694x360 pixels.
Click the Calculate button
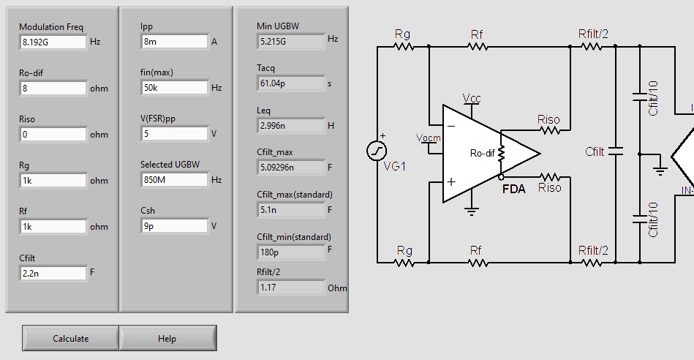pos(71,338)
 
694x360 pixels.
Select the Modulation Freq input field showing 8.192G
pos(53,42)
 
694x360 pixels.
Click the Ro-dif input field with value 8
pos(53,89)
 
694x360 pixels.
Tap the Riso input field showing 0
pos(53,135)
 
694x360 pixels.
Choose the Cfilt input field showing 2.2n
pos(53,273)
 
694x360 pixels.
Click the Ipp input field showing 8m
pos(174,42)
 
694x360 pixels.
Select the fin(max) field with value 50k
pos(174,88)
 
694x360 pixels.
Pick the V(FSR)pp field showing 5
pos(174,134)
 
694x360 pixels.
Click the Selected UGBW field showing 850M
pos(174,180)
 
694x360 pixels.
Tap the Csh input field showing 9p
pos(174,226)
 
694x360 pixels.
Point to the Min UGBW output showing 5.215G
pos(290,42)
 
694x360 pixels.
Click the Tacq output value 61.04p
pos(290,84)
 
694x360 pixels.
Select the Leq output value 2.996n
pos(290,126)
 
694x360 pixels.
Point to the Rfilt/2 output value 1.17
pos(290,288)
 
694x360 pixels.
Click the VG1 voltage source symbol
pos(377,151)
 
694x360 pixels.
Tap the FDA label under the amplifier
pos(513,189)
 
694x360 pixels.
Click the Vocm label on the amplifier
pos(428,138)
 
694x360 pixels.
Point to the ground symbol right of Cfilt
pos(660,170)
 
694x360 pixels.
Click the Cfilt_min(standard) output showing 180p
pos(290,252)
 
